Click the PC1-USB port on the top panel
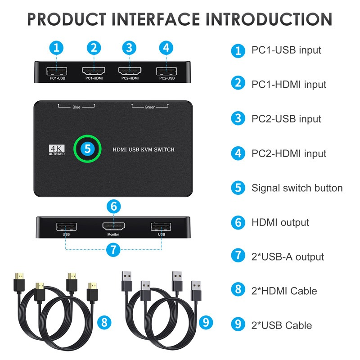(x=57, y=71)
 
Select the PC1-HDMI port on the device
(x=94, y=71)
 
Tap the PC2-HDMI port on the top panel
(x=130, y=71)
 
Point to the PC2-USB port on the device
(x=166, y=71)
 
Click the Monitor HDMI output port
(x=113, y=226)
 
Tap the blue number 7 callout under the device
(x=113, y=249)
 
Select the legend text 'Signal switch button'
(x=297, y=188)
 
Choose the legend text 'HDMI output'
(x=280, y=222)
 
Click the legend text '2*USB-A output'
(x=288, y=257)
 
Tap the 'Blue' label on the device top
(x=76, y=108)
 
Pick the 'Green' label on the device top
(x=150, y=108)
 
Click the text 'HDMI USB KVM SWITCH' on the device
(x=143, y=149)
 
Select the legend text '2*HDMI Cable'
(x=284, y=291)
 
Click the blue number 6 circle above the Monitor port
(x=113, y=207)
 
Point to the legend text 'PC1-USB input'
(x=286, y=50)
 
